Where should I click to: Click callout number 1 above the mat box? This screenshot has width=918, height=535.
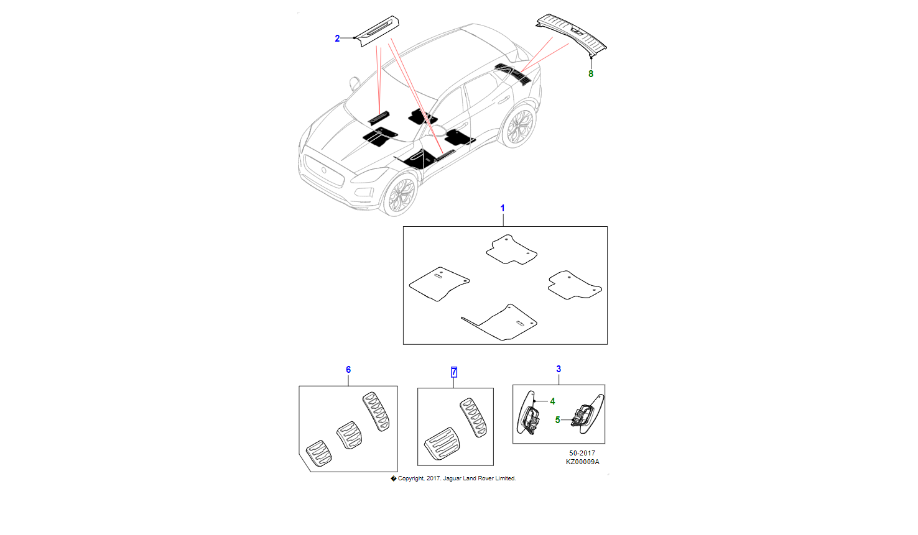pyautogui.click(x=503, y=208)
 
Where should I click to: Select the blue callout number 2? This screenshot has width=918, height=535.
pyautogui.click(x=337, y=39)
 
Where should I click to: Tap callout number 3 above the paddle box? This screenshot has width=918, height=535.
pyautogui.click(x=559, y=369)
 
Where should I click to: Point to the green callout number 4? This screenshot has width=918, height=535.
pyautogui.click(x=552, y=401)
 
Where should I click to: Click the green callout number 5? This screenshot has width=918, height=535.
pyautogui.click(x=557, y=420)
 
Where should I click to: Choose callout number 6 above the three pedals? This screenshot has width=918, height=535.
pyautogui.click(x=348, y=370)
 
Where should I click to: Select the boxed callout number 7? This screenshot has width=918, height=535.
pyautogui.click(x=454, y=372)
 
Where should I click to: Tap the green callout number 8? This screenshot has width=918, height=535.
pyautogui.click(x=591, y=74)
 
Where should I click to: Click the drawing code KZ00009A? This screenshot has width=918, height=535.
pyautogui.click(x=582, y=462)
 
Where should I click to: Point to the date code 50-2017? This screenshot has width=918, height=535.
pyautogui.click(x=582, y=453)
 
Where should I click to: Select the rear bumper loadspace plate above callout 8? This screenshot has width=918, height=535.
pyautogui.click(x=571, y=33)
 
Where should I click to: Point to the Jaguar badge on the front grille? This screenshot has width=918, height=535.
pyautogui.click(x=323, y=170)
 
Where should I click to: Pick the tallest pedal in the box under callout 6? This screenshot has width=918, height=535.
pyautogui.click(x=376, y=411)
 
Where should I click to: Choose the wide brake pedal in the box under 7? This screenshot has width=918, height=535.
pyautogui.click(x=442, y=444)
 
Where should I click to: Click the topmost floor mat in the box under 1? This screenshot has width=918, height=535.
pyautogui.click(x=511, y=250)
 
